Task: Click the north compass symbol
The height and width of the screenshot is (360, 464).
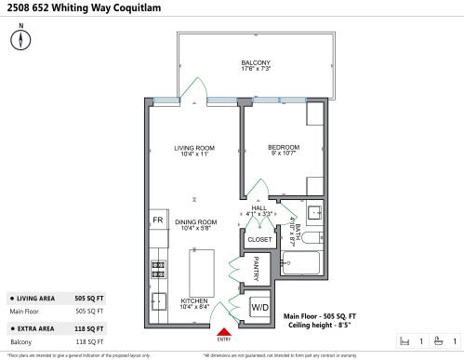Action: pos(20,40)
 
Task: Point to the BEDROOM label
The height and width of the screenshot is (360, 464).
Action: pos(284,147)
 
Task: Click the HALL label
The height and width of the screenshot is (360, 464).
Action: pos(259,208)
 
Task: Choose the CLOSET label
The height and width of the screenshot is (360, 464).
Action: pos(259,239)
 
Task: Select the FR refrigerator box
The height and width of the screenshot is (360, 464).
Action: pos(157,220)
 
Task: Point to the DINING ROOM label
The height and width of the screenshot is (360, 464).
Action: pos(195,222)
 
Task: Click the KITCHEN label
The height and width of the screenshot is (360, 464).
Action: pos(194,301)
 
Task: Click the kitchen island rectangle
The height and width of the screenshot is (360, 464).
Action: pos(202,272)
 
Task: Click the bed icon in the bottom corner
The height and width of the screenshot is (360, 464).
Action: pos(404,340)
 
